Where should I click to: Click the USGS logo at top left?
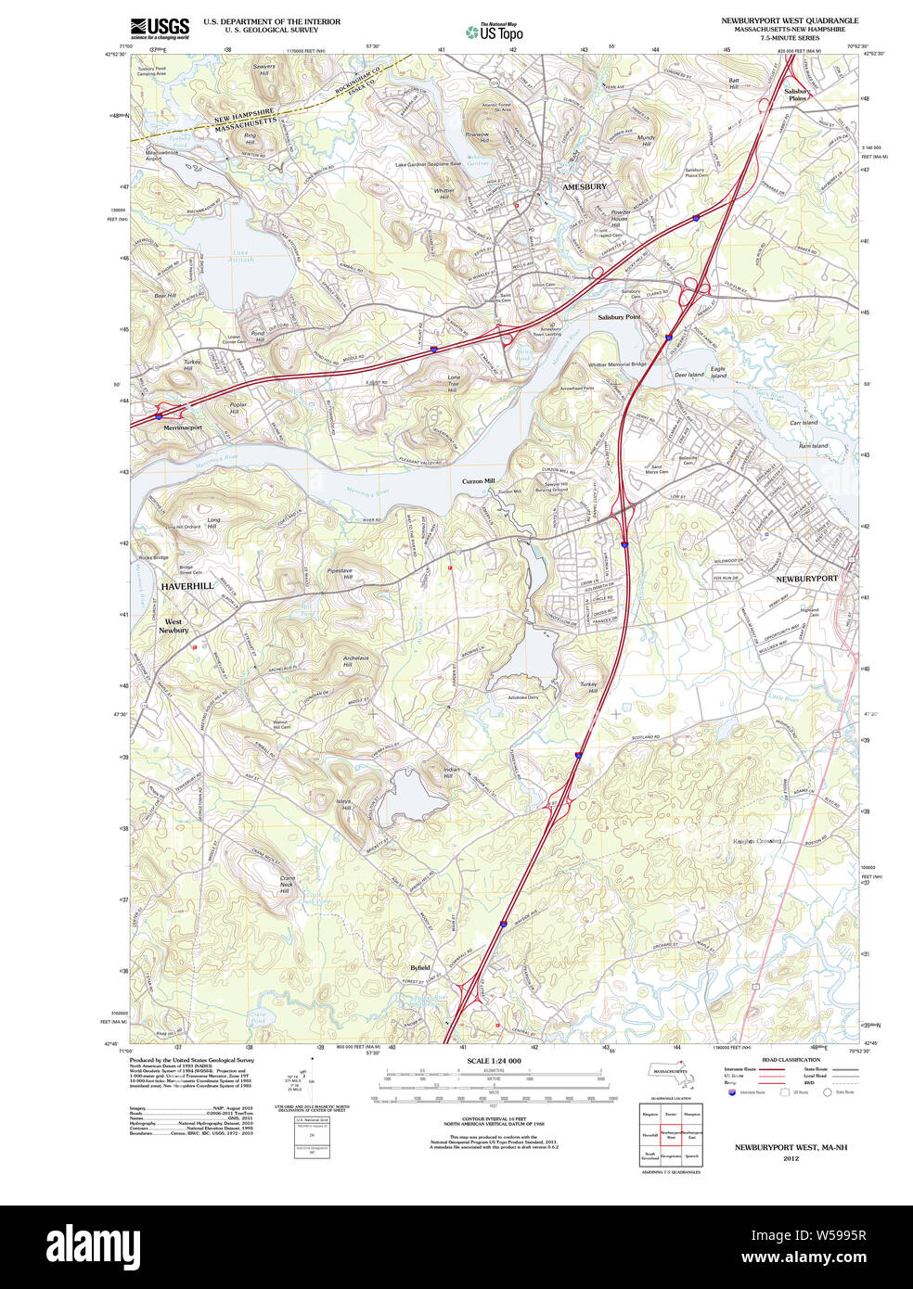pos(160,28)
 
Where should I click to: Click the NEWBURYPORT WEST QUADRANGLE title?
pos(790,20)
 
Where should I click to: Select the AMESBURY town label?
pos(585,186)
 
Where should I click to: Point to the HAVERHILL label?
pos(186,586)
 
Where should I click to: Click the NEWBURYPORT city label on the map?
pos(805,578)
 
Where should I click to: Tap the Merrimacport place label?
pos(183,428)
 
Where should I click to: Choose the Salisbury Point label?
pos(619,317)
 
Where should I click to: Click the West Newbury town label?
pos(174,626)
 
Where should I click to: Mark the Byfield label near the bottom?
pos(420,967)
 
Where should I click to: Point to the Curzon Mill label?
pos(479,481)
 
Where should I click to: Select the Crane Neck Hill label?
pos(287,884)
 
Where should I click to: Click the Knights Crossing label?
pos(757,841)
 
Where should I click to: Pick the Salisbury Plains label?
pos(798,95)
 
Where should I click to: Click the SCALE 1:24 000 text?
pos(494,1061)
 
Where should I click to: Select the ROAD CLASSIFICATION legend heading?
pos(791,1060)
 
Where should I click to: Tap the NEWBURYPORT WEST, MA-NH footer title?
pos(791,1147)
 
